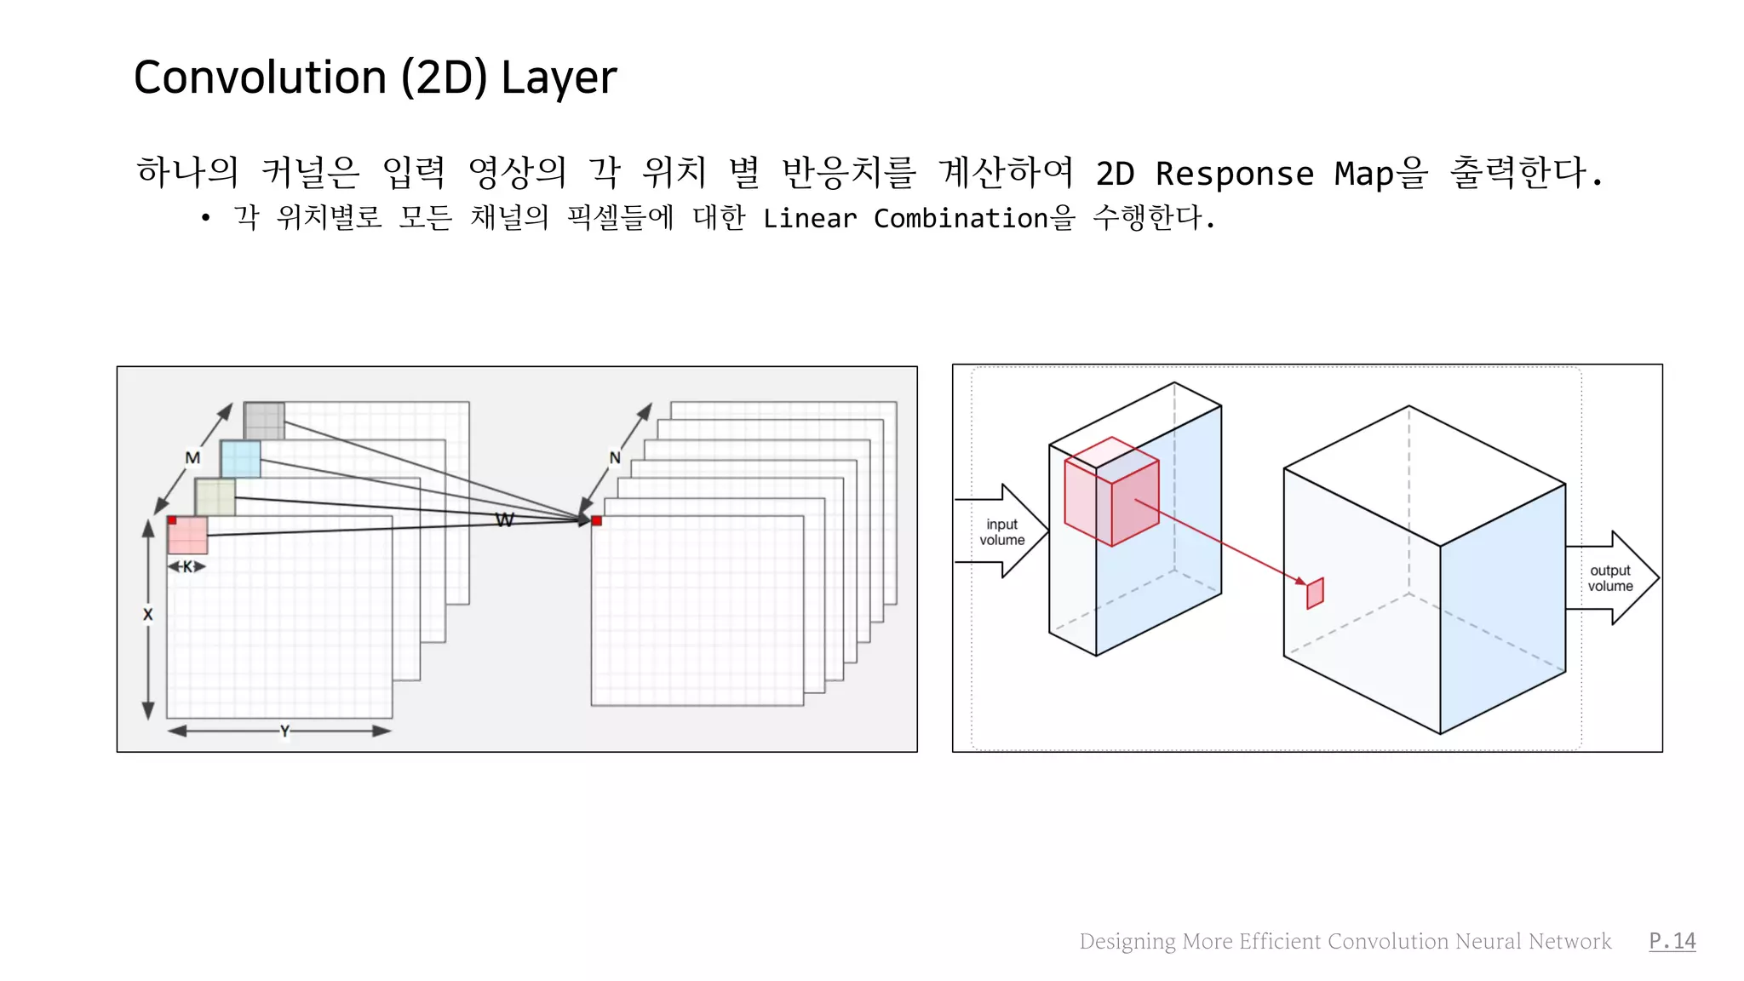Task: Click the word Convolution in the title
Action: [x=260, y=77]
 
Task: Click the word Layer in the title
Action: [x=559, y=79]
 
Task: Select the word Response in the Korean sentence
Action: [x=1234, y=174]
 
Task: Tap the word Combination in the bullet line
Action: [x=961, y=219]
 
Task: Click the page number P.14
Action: [x=1672, y=940]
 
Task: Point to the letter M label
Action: [x=193, y=458]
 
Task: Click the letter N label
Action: [x=615, y=458]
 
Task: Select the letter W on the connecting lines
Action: [x=504, y=519]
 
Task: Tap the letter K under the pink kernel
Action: [x=187, y=566]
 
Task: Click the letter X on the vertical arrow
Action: [x=148, y=614]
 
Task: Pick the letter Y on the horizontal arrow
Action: [x=284, y=731]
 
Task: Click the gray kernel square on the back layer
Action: [x=264, y=421]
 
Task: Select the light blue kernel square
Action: [x=240, y=459]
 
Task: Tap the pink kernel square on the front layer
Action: [x=188, y=536]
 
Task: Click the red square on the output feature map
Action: [x=597, y=520]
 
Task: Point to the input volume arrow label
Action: [x=1002, y=532]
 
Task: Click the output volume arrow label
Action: [x=1610, y=578]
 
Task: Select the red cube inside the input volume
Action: [x=1111, y=491]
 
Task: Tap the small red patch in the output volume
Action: [x=1315, y=593]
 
